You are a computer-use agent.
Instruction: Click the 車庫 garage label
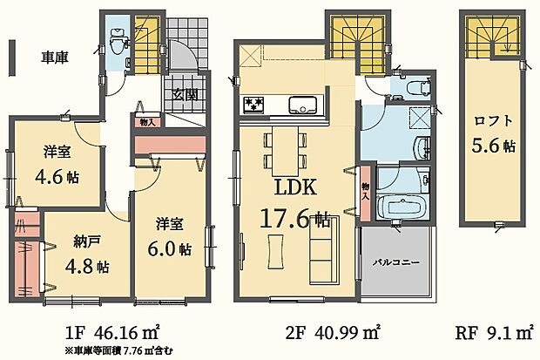[x=55, y=58]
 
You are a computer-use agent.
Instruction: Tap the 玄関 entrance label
[x=185, y=94]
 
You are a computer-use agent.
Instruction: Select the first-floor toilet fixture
[x=116, y=42]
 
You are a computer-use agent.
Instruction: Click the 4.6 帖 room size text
[x=57, y=177]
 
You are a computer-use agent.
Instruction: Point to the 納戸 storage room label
[x=87, y=242]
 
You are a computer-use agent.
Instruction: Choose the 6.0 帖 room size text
[x=170, y=248]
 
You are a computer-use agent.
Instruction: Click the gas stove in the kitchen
[x=254, y=105]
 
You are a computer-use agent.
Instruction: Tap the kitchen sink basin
[x=303, y=105]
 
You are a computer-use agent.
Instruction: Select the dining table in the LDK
[x=285, y=152]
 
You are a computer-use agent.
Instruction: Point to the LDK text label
[x=295, y=187]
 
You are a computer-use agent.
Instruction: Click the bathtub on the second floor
[x=400, y=207]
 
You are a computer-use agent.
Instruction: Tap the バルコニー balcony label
[x=397, y=262]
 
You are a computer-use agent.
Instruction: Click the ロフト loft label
[x=494, y=121]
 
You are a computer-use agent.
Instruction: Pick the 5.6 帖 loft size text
[x=494, y=146]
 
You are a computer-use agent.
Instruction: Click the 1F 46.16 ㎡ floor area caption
[x=112, y=332]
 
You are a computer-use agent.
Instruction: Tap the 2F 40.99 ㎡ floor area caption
[x=334, y=332]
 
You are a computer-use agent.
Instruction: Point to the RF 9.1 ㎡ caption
[x=494, y=333]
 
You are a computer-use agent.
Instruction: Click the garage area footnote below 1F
[x=118, y=351]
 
